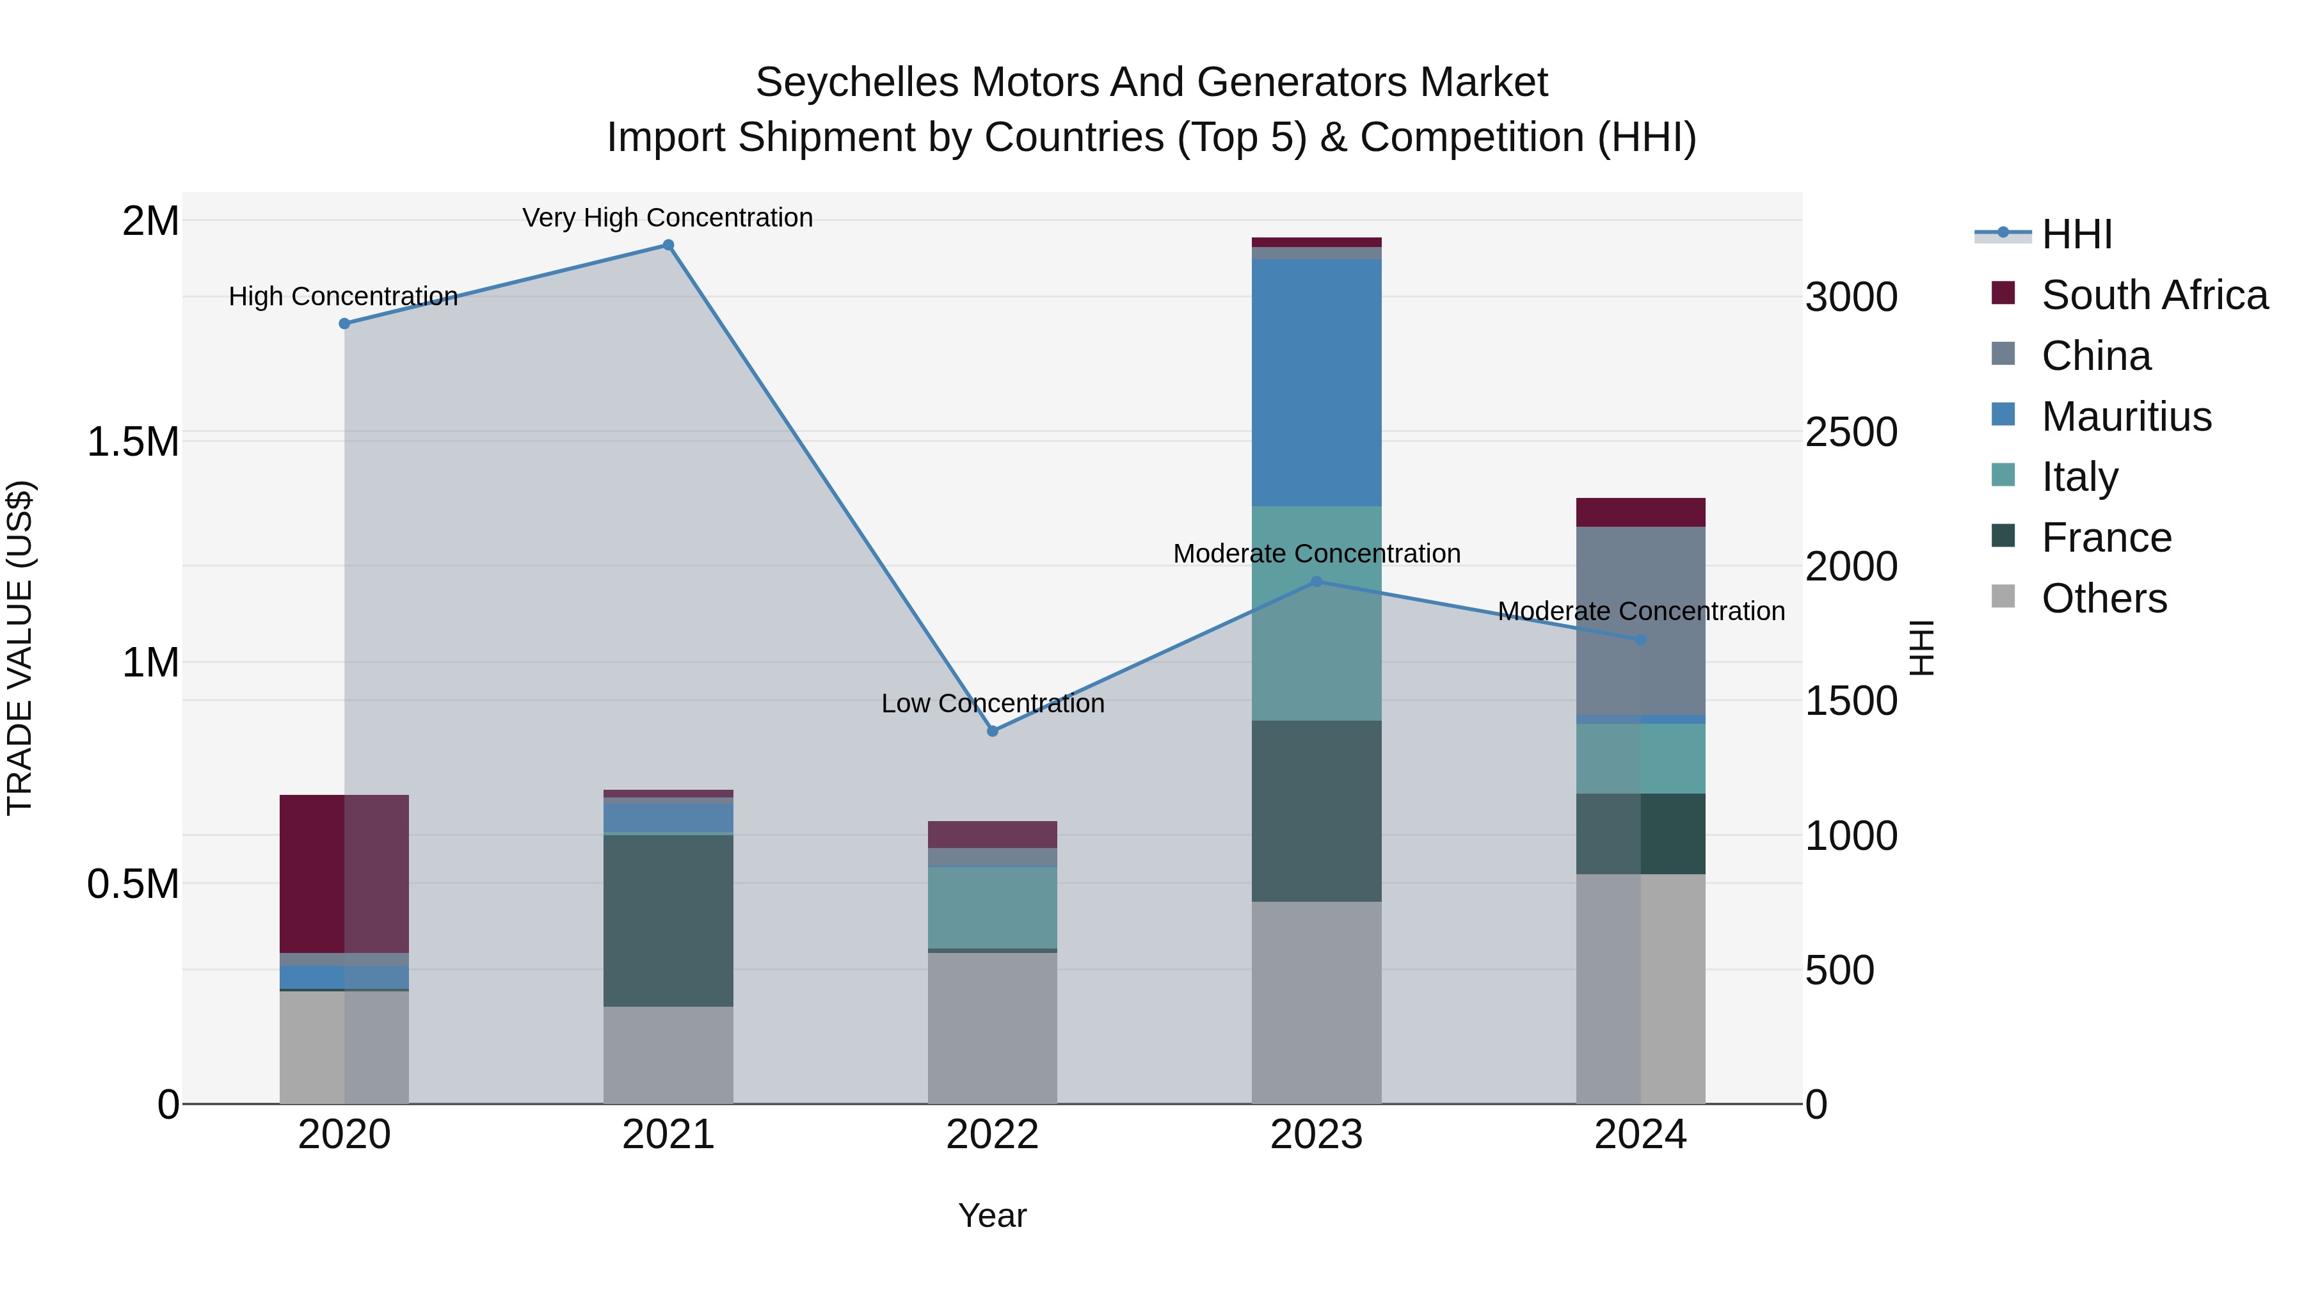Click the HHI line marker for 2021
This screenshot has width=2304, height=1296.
[x=668, y=245]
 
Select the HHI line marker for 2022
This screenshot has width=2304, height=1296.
[x=992, y=731]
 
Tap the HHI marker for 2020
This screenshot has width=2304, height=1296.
[x=344, y=324]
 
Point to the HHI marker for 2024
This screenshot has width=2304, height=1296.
[x=1640, y=639]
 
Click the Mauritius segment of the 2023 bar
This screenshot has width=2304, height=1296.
[x=1316, y=383]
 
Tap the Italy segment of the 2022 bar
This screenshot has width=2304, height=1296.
[x=992, y=907]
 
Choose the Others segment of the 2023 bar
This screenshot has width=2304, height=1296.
[x=1316, y=1002]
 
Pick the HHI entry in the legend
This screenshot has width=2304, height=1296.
[x=2077, y=234]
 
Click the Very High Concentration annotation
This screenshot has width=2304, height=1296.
[x=668, y=218]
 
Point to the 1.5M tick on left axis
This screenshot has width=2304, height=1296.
[x=133, y=442]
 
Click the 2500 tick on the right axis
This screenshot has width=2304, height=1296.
[x=1850, y=432]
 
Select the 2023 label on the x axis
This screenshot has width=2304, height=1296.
[x=1316, y=1135]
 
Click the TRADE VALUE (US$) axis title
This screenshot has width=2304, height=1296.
[x=20, y=648]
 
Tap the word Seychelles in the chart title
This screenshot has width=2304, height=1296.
[x=857, y=83]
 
